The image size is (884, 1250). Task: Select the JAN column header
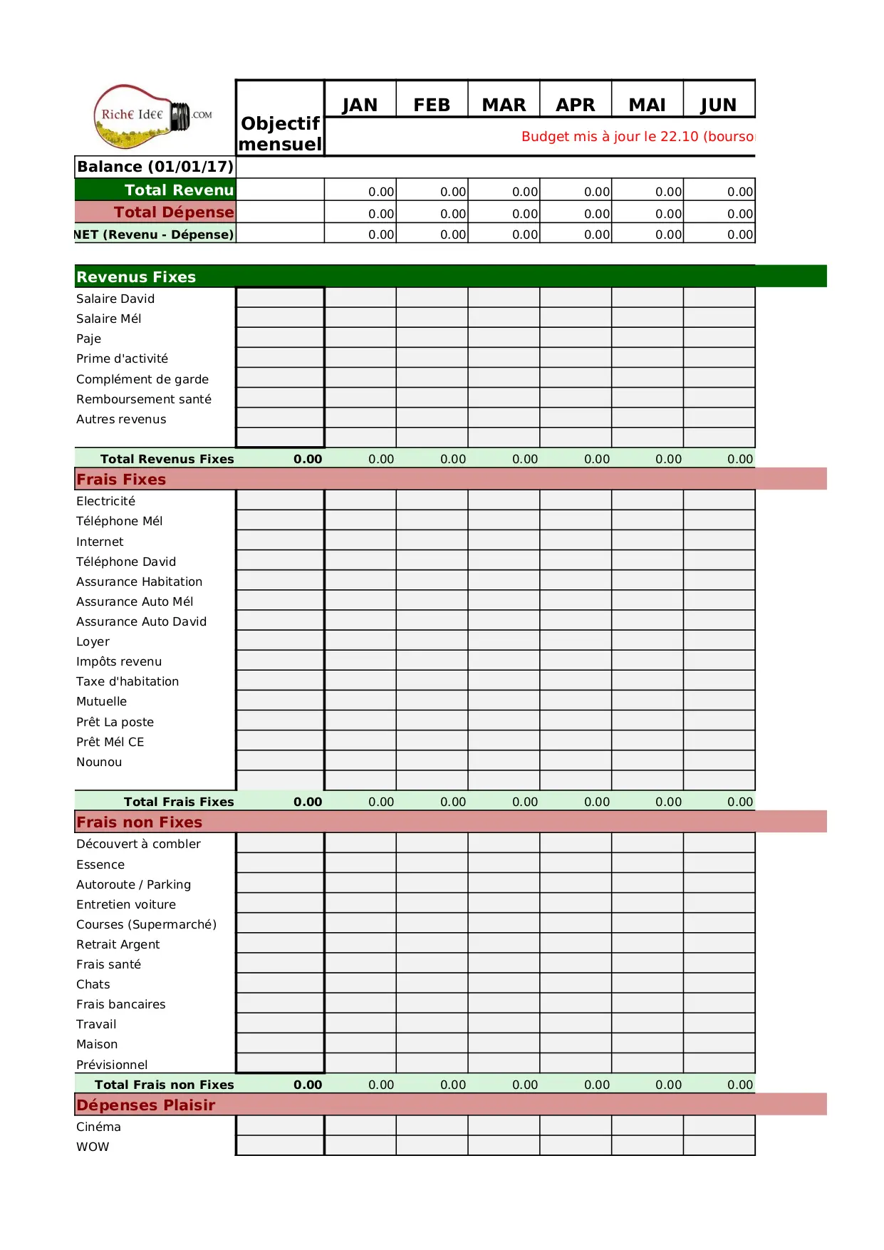(x=360, y=105)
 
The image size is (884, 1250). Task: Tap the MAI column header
(x=647, y=105)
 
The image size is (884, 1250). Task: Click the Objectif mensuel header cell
(x=281, y=133)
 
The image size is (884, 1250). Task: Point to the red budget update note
(x=638, y=136)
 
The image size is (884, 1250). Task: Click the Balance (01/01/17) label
(x=155, y=167)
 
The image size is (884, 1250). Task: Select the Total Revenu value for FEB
(x=432, y=191)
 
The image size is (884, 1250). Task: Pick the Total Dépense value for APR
(x=576, y=213)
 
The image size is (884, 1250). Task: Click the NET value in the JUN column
(x=719, y=234)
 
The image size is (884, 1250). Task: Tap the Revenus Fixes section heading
(x=136, y=277)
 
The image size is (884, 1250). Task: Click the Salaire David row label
(x=115, y=299)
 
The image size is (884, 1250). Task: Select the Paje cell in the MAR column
(x=504, y=338)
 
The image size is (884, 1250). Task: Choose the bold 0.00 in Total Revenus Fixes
(x=308, y=459)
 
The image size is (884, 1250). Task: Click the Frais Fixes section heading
(x=121, y=479)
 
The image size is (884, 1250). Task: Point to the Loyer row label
(x=93, y=641)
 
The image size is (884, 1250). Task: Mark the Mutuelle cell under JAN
(x=360, y=701)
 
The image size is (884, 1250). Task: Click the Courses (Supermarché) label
(x=146, y=924)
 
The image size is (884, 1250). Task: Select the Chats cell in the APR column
(x=576, y=983)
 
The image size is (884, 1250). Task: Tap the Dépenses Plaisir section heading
(x=146, y=1105)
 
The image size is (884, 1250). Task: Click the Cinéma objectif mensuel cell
(x=280, y=1126)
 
